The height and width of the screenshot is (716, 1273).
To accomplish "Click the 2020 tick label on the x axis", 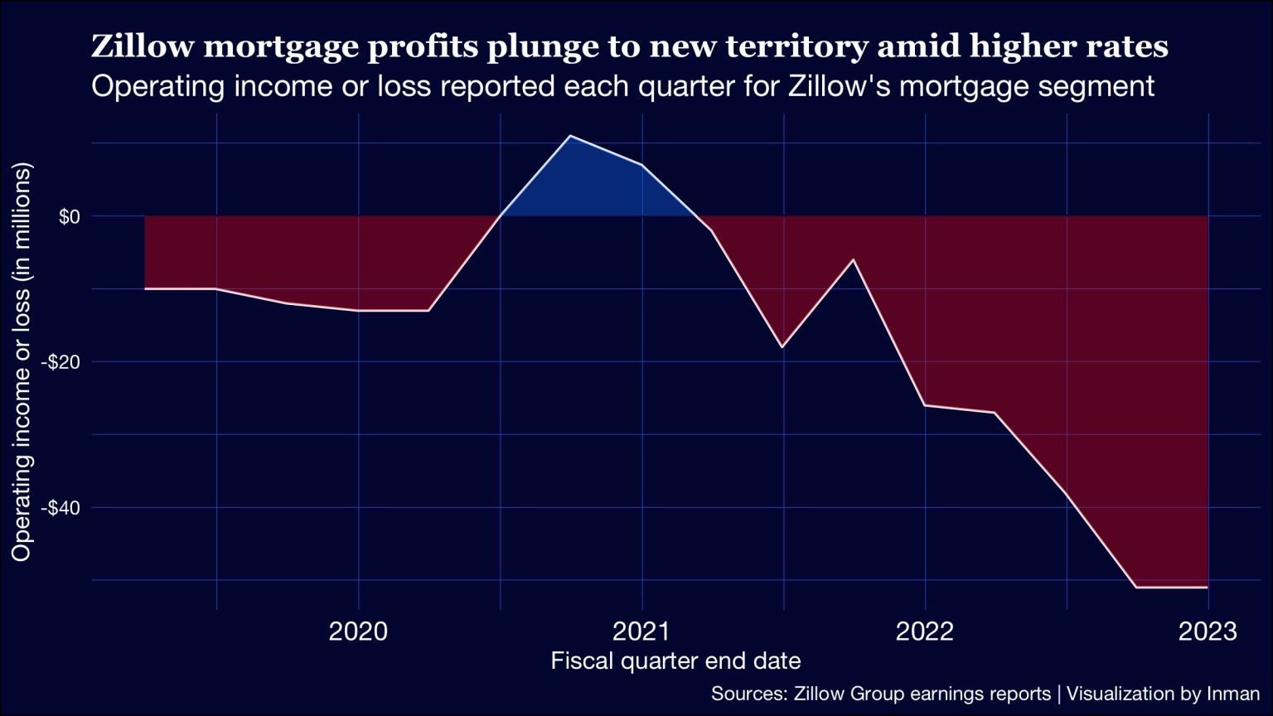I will (358, 632).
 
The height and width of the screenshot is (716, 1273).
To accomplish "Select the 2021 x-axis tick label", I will (641, 632).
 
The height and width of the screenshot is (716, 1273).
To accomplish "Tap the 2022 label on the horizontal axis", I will (925, 632).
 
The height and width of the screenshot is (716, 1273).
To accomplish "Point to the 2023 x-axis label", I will (1208, 632).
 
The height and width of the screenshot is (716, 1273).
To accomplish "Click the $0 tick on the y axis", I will (69, 216).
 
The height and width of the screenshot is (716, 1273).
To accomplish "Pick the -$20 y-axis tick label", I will (63, 362).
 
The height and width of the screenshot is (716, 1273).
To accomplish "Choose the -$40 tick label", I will (63, 507).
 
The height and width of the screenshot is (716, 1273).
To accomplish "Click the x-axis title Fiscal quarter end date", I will (675, 661).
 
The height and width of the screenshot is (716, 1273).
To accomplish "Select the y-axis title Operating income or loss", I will (22, 361).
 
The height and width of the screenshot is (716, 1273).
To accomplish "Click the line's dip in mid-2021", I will (782, 346).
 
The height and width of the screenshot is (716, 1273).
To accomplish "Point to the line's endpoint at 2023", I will (1208, 587).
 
